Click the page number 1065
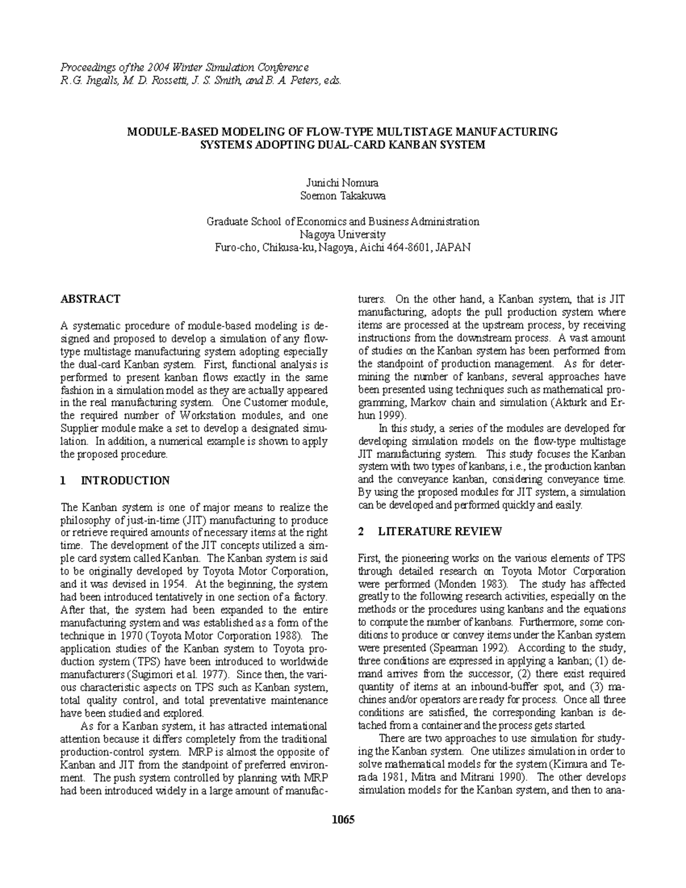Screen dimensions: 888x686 (343, 820)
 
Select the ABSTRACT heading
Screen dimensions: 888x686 (90, 299)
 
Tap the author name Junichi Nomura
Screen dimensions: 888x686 (343, 183)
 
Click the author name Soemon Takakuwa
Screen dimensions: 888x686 (343, 196)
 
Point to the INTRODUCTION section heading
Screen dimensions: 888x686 (125, 480)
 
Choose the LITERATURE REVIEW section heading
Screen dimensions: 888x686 (440, 531)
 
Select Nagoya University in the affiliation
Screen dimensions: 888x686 (343, 234)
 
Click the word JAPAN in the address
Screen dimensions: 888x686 (453, 248)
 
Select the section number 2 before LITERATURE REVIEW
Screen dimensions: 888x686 (361, 531)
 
